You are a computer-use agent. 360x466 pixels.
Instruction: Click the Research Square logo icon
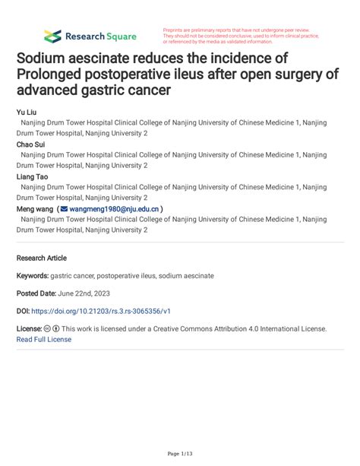tap(52, 36)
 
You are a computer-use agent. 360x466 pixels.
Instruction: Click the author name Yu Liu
tap(27, 112)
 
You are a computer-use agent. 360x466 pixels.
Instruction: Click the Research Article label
tap(41, 258)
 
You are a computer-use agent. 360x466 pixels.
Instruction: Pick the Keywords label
tap(33, 275)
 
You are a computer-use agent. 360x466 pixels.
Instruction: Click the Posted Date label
tap(39, 293)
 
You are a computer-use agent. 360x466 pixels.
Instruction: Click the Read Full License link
tap(44, 339)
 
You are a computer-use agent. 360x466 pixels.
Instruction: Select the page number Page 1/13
tap(180, 454)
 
